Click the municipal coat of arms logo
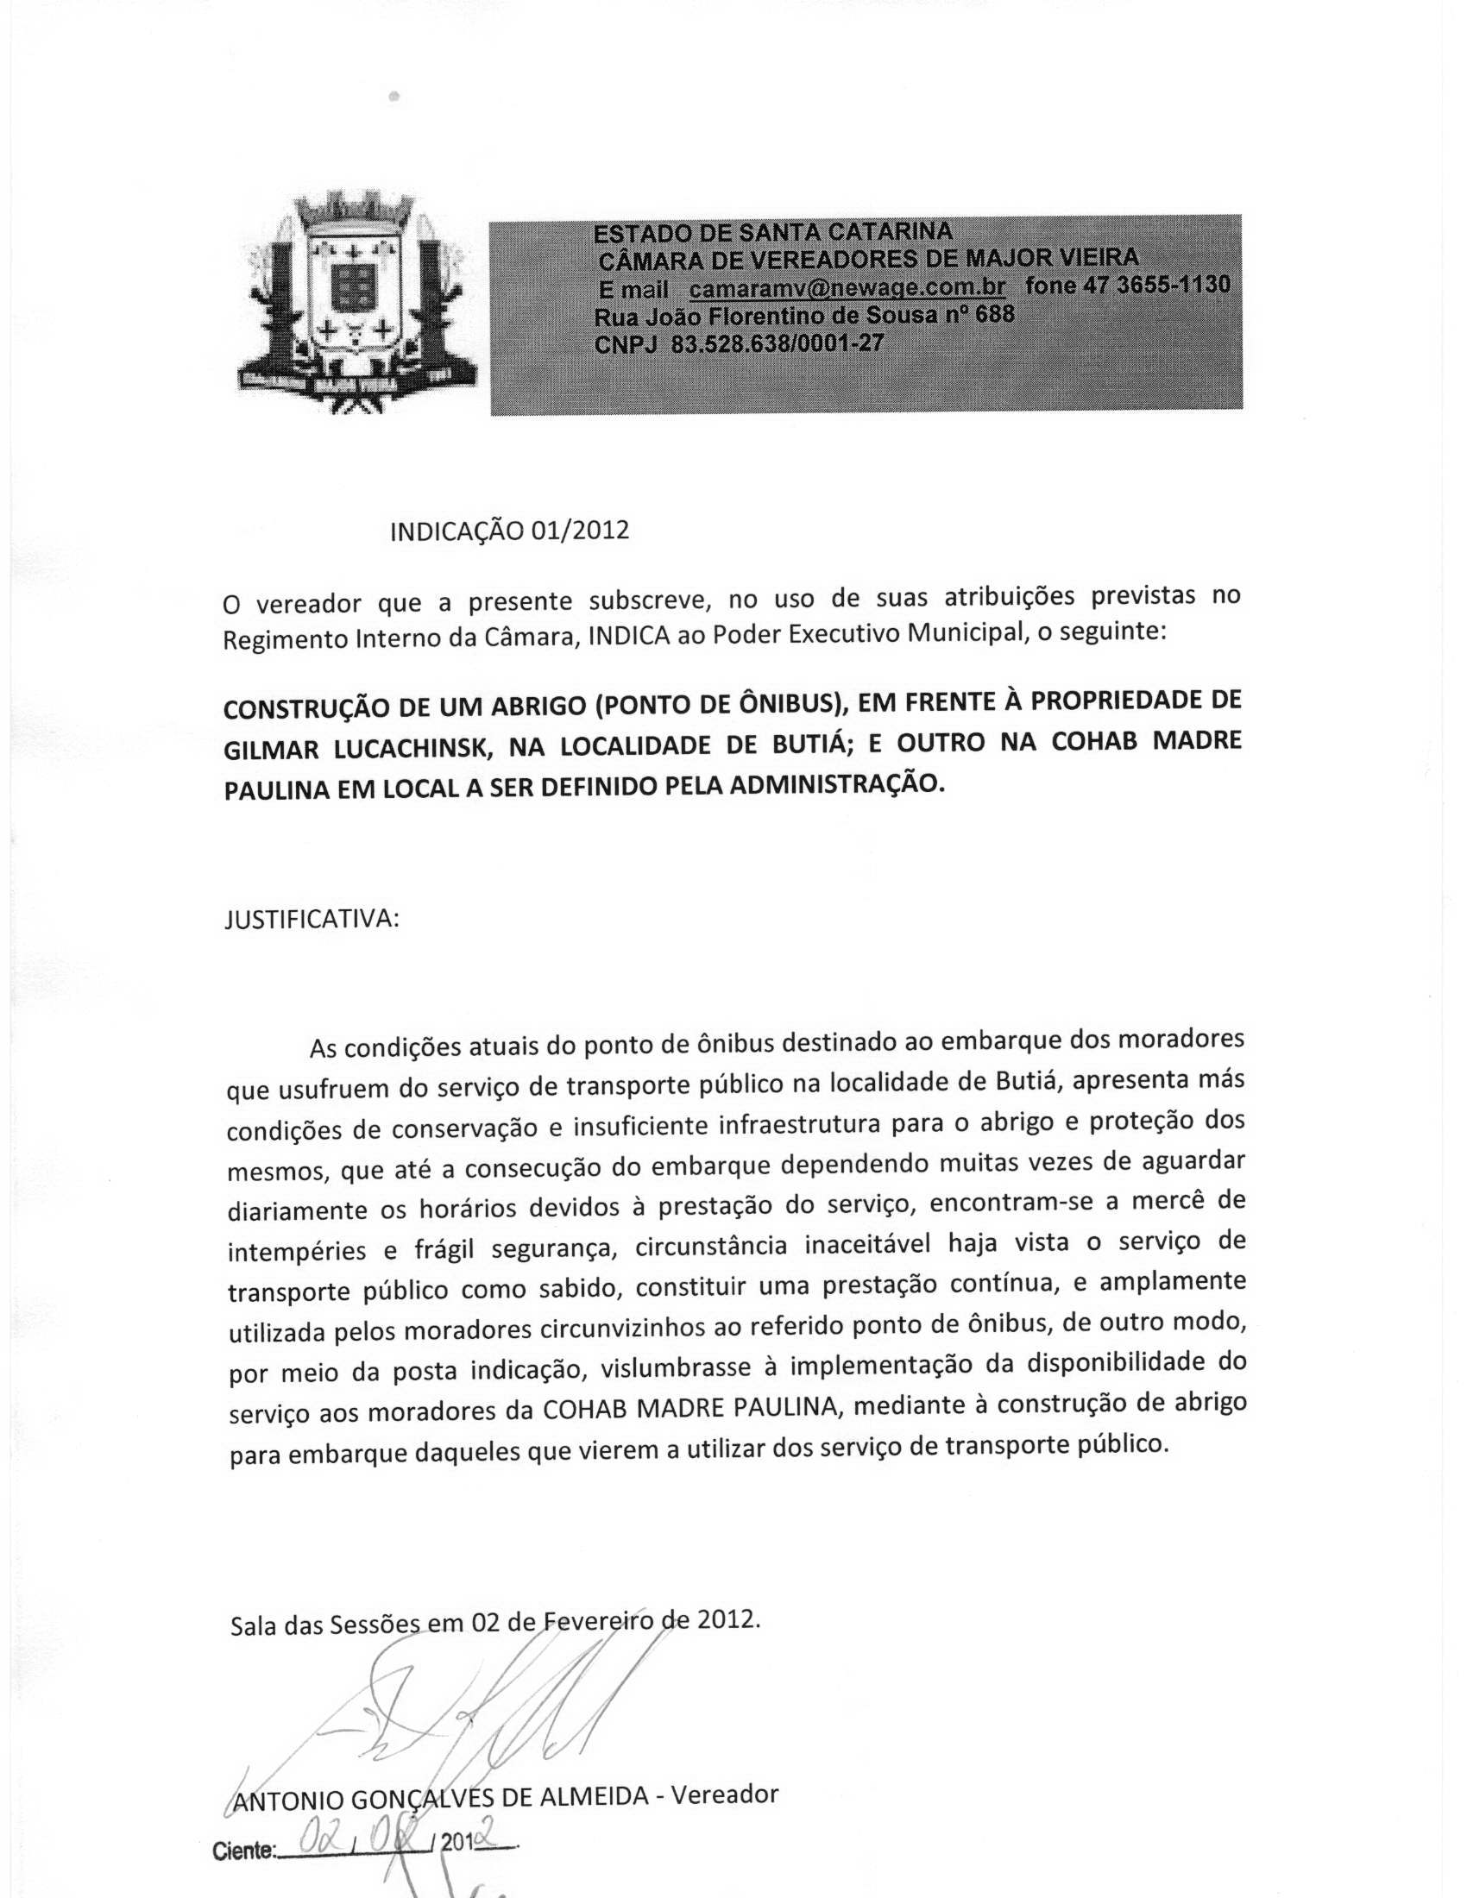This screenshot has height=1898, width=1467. point(357,300)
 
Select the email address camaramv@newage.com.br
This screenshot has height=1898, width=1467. point(847,286)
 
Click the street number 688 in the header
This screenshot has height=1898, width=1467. point(994,314)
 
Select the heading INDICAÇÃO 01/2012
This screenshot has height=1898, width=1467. point(509,530)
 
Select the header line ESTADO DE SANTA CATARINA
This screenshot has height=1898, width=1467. point(772,232)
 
